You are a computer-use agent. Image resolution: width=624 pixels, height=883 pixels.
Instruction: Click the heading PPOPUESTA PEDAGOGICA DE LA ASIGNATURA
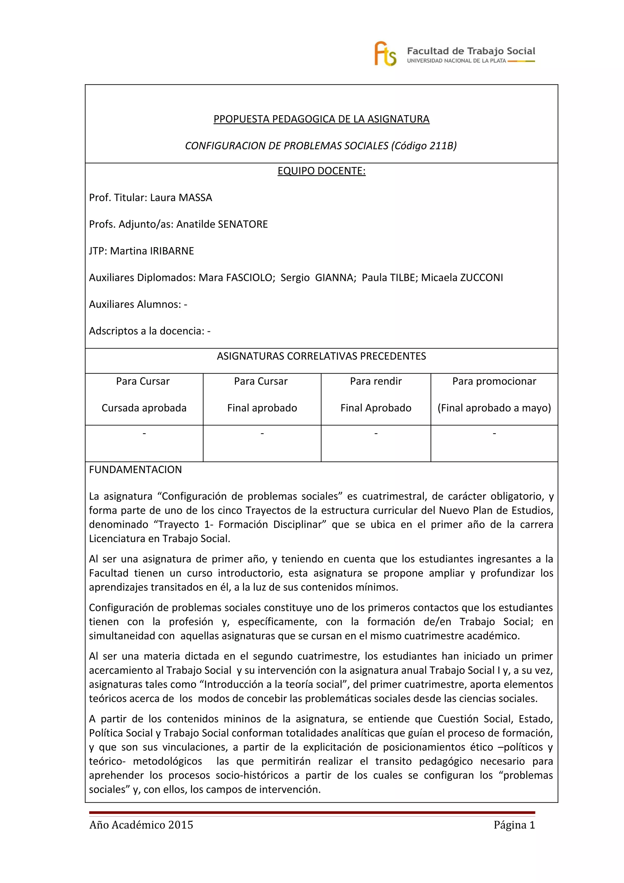coord(321,119)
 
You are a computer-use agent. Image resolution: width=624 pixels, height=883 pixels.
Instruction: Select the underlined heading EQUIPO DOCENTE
coord(321,171)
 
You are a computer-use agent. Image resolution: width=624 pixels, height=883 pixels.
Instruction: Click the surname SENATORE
coord(243,224)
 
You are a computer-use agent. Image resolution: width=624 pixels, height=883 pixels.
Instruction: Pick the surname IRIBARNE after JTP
coord(172,251)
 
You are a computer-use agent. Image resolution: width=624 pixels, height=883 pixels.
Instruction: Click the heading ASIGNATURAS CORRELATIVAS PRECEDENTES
coord(321,356)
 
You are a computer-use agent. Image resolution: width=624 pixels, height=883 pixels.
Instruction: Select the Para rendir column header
coord(376,381)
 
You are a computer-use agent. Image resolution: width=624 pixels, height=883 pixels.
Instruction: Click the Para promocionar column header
coord(494,381)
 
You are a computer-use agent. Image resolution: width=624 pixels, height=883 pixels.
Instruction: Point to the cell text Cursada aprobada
coord(144,408)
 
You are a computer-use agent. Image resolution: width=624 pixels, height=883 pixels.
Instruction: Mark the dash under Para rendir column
coord(376,433)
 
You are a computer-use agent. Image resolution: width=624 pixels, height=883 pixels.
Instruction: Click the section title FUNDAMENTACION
coord(135,470)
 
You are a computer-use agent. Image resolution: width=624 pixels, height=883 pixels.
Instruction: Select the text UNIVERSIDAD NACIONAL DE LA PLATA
coord(456,61)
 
